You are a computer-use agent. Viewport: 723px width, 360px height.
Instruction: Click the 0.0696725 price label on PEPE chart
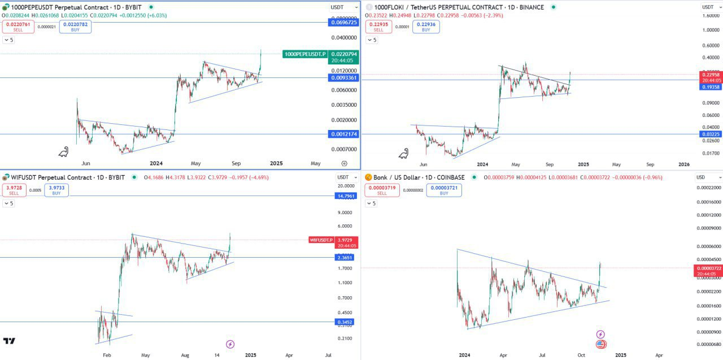(343, 23)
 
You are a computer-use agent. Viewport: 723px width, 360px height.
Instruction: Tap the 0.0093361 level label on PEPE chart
(343, 78)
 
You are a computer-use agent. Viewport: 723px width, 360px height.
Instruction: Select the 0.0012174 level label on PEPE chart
(343, 134)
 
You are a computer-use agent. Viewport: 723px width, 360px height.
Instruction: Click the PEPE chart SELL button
(18, 27)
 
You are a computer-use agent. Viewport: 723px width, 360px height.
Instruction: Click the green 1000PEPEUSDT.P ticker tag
(305, 54)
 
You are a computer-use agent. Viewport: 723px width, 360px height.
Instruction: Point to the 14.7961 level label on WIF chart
(345, 196)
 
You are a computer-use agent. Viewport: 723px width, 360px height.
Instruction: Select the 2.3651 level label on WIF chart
(345, 258)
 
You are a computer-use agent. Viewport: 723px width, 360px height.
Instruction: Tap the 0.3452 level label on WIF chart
(345, 322)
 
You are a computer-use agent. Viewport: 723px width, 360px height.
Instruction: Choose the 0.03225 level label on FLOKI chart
(710, 135)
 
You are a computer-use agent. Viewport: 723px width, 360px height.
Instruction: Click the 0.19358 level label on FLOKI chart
(710, 87)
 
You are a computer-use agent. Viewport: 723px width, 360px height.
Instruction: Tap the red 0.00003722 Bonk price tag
(708, 268)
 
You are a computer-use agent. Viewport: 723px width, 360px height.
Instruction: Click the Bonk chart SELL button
(382, 190)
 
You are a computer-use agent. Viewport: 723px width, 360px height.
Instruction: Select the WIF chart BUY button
(56, 190)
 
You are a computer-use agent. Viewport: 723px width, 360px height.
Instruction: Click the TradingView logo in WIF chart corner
(9, 341)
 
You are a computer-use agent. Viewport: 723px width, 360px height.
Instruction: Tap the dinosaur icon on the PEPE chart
(64, 152)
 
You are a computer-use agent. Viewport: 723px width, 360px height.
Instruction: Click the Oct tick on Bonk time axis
(581, 355)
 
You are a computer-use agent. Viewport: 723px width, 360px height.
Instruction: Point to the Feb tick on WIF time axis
(106, 355)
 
